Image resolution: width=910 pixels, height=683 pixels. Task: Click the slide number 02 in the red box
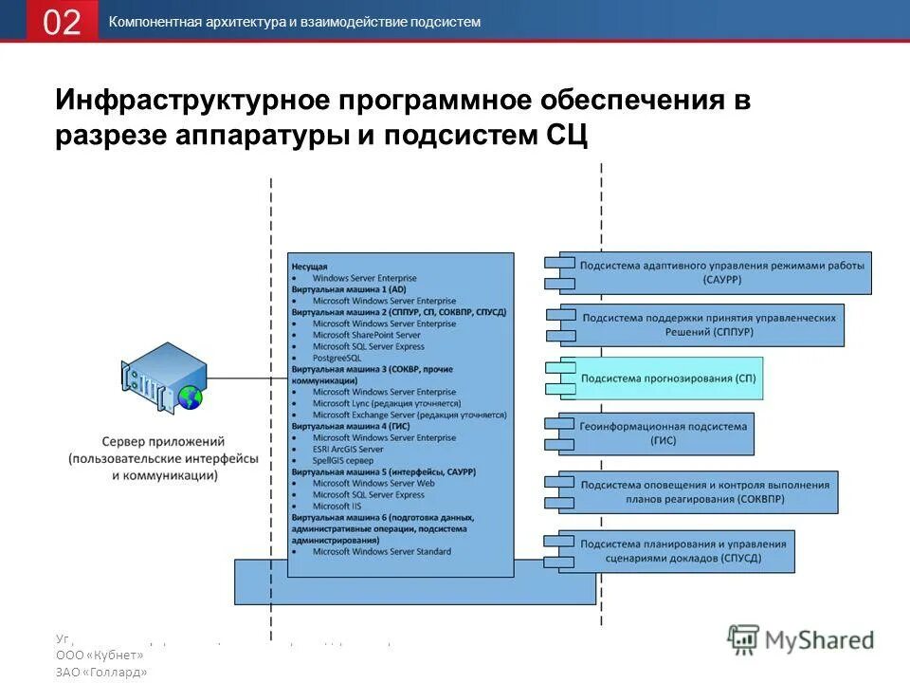point(62,22)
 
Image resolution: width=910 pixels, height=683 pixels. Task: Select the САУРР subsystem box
point(720,273)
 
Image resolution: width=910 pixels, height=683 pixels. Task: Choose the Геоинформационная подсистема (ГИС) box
point(663,434)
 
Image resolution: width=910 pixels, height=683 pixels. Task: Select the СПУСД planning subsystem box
point(682,551)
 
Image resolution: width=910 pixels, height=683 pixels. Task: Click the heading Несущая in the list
point(310,268)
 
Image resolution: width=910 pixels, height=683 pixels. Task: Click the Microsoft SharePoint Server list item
point(366,335)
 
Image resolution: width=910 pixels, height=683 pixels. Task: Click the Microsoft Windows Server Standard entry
point(381,551)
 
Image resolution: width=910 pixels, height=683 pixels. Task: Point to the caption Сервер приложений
point(163,442)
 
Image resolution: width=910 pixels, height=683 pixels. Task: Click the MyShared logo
point(801,639)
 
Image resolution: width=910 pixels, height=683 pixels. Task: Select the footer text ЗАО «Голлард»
point(101,672)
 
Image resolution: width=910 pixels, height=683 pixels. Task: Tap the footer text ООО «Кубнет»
point(100,655)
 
